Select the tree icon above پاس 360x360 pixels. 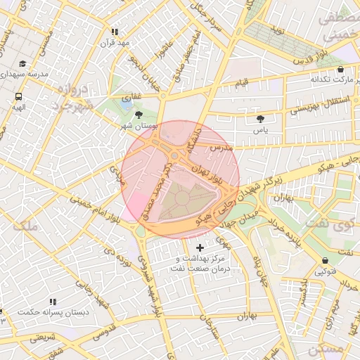pos(261,119)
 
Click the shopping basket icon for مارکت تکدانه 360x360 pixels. pos(341,70)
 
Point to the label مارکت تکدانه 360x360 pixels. pos(329,80)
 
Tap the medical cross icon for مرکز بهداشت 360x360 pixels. pos(201,247)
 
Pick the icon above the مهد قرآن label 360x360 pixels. pos(115,32)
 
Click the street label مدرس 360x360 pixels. pos(220,149)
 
